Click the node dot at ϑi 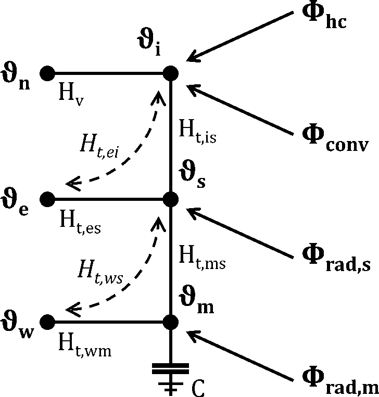171,73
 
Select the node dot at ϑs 171,199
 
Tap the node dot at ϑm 171,322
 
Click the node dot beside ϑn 47,73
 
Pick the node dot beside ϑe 47,199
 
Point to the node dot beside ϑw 47,322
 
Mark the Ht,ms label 202,255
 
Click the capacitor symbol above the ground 171,371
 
